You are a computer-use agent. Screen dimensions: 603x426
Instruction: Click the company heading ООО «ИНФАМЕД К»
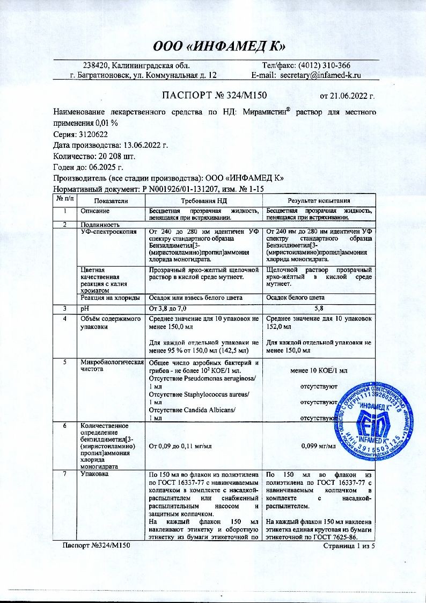click(x=216, y=45)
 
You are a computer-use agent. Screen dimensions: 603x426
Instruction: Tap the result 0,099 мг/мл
click(x=319, y=446)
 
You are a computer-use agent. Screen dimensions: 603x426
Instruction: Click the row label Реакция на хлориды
click(x=110, y=297)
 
